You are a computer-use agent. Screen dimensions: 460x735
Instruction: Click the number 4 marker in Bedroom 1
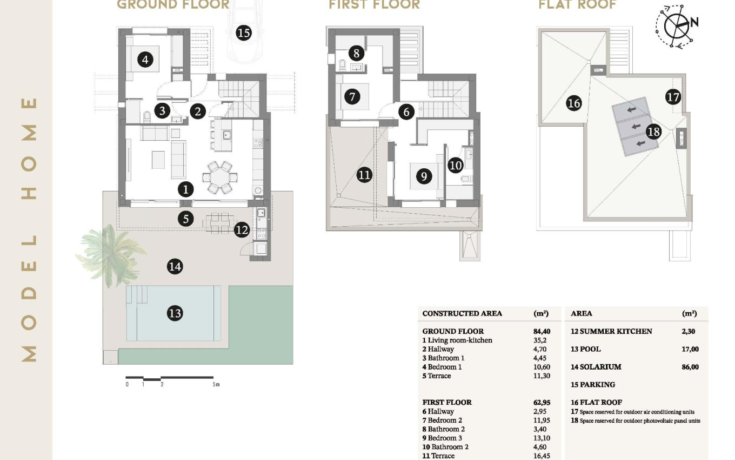point(145,59)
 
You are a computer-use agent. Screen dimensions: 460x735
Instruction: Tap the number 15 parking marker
point(243,33)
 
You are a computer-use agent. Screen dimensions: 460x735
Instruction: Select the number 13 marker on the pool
point(175,313)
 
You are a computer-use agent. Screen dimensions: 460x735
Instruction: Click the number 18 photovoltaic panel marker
point(653,132)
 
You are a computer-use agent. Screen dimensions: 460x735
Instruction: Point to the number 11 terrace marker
point(364,175)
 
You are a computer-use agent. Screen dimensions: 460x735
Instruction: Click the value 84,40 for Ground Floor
point(542,331)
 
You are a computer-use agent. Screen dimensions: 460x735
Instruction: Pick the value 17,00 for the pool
point(690,349)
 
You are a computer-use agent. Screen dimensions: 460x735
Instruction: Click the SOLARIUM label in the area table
point(600,367)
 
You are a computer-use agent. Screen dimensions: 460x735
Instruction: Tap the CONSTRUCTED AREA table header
point(462,313)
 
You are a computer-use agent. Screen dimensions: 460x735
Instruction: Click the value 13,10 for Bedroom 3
point(542,438)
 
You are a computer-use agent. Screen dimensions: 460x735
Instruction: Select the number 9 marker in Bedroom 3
point(424,176)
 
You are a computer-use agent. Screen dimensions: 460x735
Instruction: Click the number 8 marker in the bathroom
point(356,53)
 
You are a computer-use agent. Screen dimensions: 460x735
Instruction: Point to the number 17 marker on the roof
point(673,97)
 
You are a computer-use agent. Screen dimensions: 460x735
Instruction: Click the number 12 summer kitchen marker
point(242,230)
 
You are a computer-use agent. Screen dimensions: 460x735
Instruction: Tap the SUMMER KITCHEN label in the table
point(616,331)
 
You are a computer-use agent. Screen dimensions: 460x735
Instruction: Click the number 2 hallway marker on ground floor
point(198,111)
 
